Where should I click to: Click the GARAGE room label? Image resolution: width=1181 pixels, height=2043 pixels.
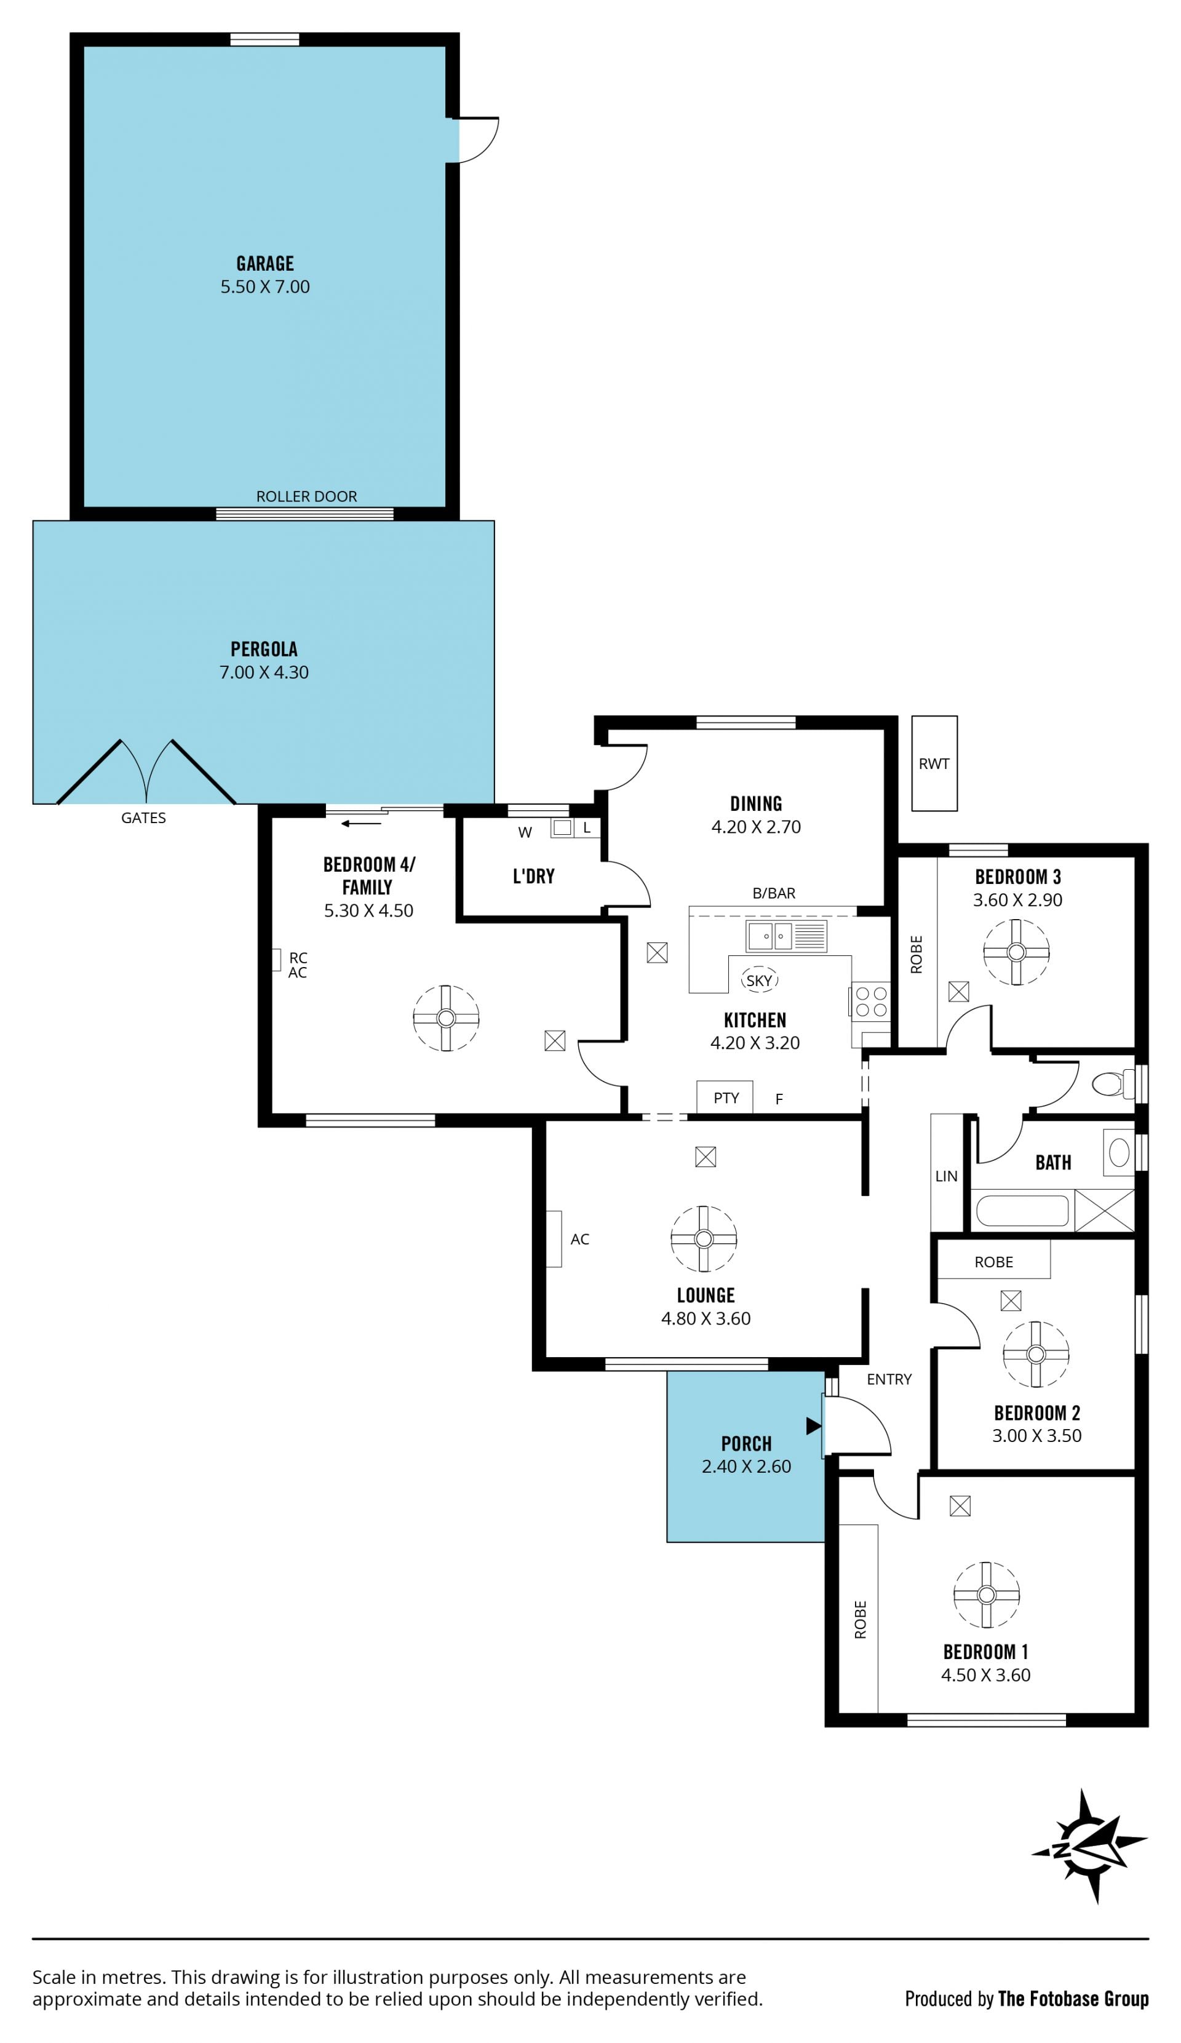point(265,263)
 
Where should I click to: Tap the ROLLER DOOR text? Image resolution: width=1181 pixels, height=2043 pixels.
point(306,496)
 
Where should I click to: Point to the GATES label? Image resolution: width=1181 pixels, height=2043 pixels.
point(143,818)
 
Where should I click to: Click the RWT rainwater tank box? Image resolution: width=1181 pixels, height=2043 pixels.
point(934,763)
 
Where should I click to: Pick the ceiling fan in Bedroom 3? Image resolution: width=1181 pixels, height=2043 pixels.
point(1016,952)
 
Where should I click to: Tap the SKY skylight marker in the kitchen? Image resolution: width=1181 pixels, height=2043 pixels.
point(758,980)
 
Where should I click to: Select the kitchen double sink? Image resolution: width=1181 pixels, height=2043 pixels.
point(785,936)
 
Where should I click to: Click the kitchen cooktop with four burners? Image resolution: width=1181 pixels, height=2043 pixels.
point(870,1002)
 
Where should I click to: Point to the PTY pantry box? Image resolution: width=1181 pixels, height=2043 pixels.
point(725,1097)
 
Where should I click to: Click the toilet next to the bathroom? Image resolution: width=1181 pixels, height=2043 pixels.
point(1113,1083)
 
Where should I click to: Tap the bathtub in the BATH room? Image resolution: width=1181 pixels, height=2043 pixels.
point(1022,1211)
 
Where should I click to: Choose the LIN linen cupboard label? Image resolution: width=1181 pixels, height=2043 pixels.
point(946,1176)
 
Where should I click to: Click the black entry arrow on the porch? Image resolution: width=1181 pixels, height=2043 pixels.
point(814,1425)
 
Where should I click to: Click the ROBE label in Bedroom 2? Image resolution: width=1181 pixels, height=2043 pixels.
point(994,1262)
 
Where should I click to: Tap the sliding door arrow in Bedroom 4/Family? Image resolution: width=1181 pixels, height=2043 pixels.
point(360,824)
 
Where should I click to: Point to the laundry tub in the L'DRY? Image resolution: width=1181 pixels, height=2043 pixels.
point(563,828)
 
